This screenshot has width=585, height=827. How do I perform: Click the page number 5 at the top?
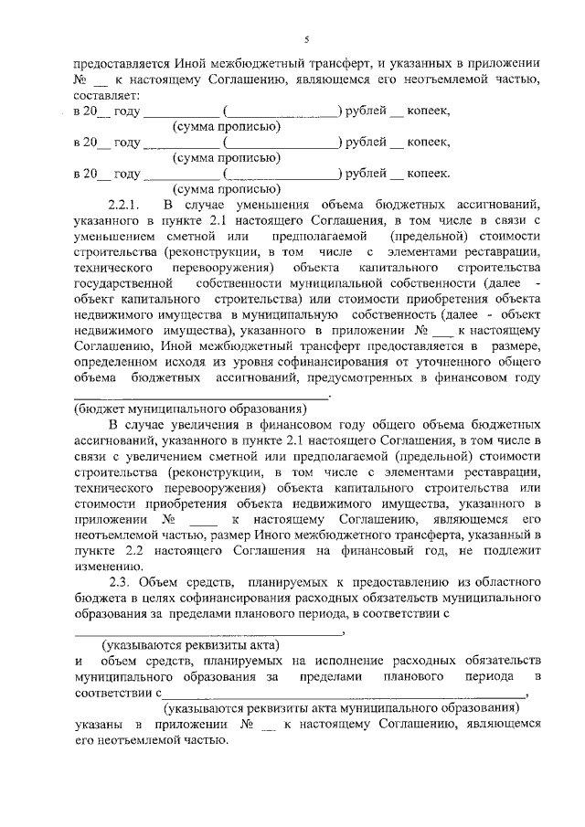click(307, 38)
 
